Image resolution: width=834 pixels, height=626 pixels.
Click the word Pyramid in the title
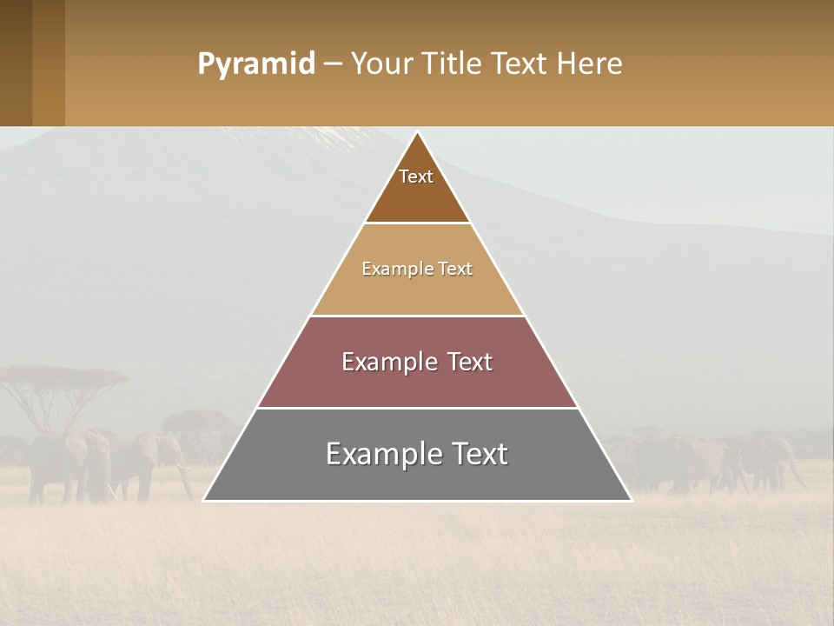(x=255, y=64)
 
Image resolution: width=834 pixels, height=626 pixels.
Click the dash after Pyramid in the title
(x=332, y=64)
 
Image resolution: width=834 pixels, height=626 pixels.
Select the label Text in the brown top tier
(x=416, y=176)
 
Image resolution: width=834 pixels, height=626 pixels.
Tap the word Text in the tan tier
(x=455, y=270)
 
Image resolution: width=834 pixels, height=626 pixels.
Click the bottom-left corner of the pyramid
(x=204, y=500)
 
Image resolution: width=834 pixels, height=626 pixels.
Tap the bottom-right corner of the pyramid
(x=631, y=500)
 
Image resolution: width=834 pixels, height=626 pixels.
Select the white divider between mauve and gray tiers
(x=417, y=408)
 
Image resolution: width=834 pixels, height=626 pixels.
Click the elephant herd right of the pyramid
(x=712, y=461)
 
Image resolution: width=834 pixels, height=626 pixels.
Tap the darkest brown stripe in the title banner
(x=16, y=63)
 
